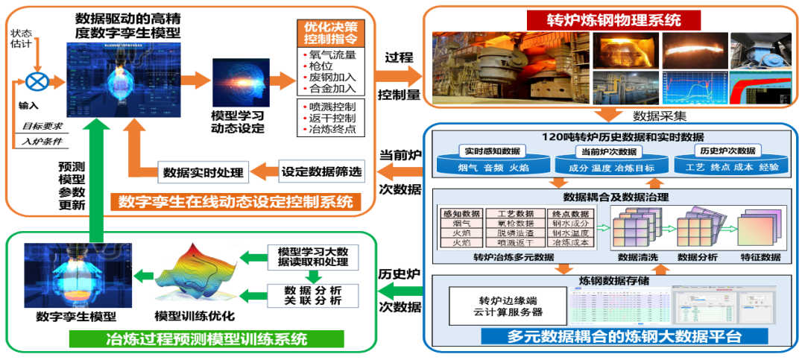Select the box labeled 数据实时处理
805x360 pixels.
pos(204,173)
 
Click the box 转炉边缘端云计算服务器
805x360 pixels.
pos(500,306)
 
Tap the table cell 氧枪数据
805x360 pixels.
pos(510,222)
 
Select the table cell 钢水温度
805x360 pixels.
pos(571,232)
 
